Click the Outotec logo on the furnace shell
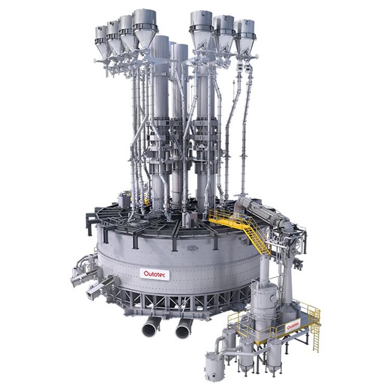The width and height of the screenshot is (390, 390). pos(155,274)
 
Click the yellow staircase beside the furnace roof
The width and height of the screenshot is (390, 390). pos(256,236)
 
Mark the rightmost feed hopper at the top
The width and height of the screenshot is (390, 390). pos(244,37)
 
